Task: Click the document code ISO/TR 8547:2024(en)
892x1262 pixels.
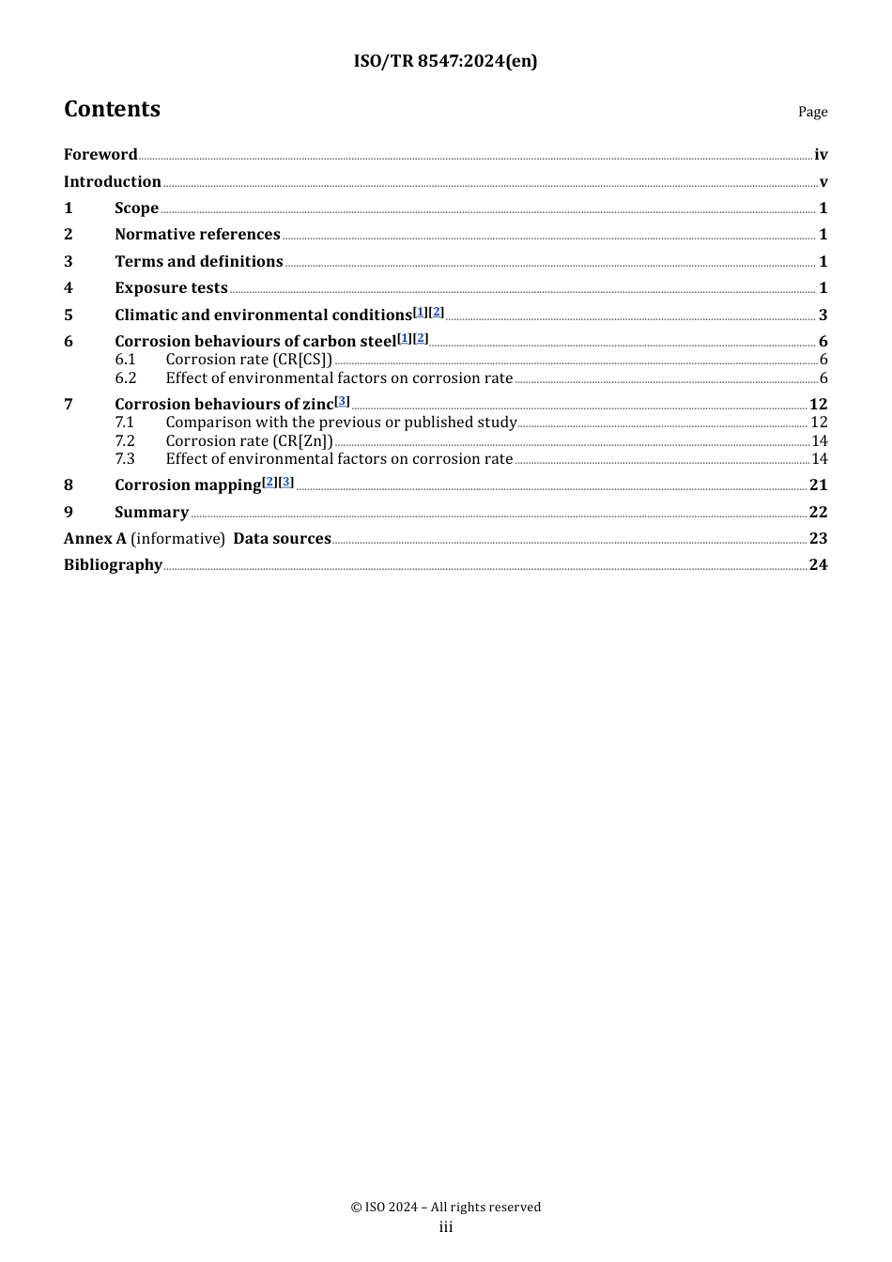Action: click(445, 61)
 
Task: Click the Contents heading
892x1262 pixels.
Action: click(112, 109)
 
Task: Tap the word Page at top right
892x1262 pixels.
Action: click(812, 112)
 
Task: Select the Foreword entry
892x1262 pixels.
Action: click(100, 155)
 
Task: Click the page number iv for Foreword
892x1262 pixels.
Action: click(821, 155)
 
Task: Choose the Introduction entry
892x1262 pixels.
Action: click(113, 182)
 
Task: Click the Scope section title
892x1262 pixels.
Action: click(136, 208)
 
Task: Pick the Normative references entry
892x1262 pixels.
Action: click(197, 235)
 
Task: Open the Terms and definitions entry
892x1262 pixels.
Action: click(199, 262)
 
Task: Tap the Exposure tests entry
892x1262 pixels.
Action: click(171, 288)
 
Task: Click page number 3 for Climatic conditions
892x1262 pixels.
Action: click(823, 315)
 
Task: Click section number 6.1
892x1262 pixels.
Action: click(126, 360)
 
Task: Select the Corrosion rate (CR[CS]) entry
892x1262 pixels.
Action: click(249, 360)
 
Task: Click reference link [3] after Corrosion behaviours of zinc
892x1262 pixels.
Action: click(343, 401)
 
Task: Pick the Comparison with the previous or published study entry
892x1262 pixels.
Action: click(341, 423)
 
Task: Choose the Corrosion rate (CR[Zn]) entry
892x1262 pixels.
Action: click(249, 441)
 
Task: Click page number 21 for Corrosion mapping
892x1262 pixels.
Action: click(818, 485)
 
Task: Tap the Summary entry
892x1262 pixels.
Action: click(151, 513)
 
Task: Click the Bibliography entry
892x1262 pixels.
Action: click(113, 565)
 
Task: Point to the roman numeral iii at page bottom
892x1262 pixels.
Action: click(446, 1227)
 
